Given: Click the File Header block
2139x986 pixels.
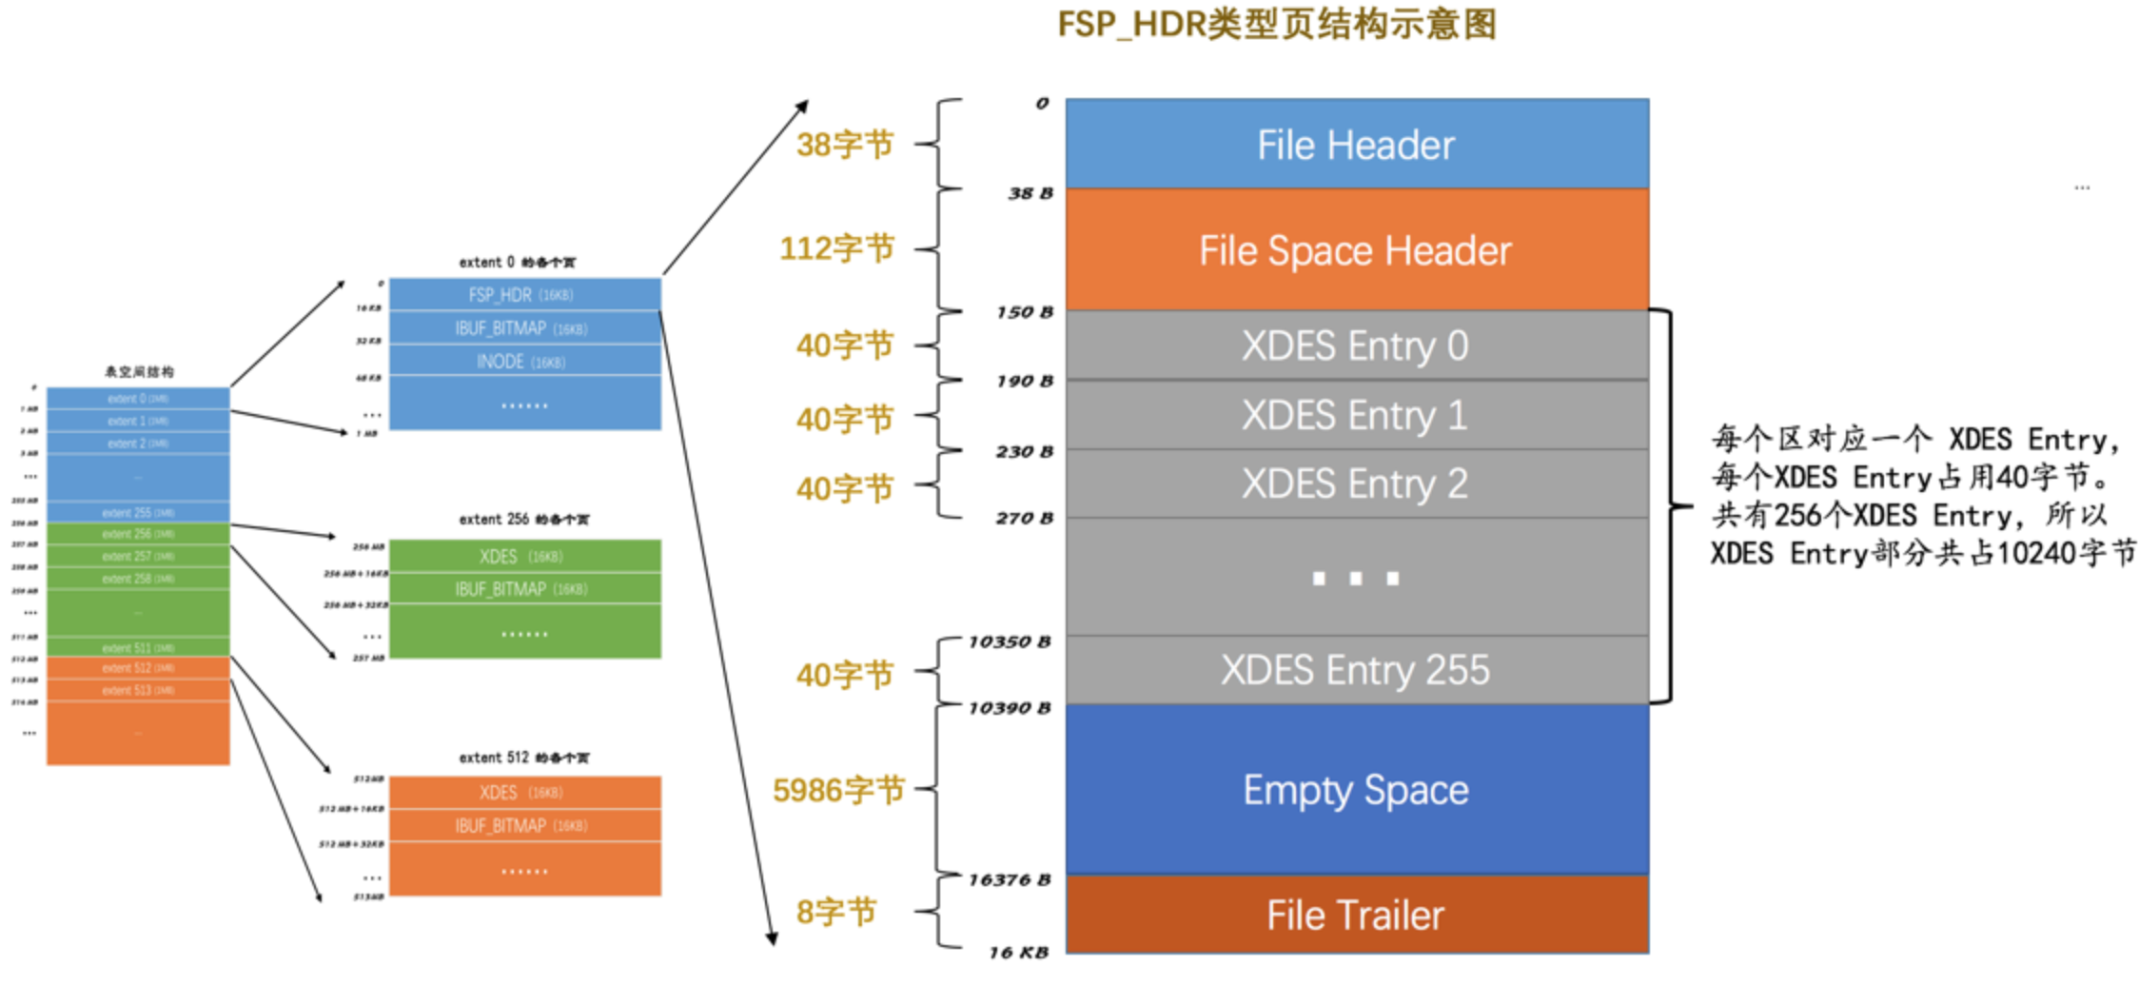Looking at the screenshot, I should pyautogui.click(x=1356, y=145).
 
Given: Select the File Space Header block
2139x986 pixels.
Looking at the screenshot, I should pyautogui.click(x=1356, y=250).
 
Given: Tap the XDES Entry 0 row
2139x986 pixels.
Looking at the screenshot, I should pyautogui.click(x=1356, y=345).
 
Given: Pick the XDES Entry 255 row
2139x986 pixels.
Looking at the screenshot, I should pyautogui.click(x=1356, y=670).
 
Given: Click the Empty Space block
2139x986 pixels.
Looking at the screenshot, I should pyautogui.click(x=1356, y=790).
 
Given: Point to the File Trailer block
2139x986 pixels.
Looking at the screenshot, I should pyautogui.click(x=1356, y=915).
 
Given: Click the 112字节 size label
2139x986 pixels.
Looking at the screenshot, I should pyautogui.click(x=836, y=248).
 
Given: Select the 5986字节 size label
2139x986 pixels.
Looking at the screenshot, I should pyautogui.click(x=837, y=790).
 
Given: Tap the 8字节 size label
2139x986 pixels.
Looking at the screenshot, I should pyautogui.click(x=835, y=912).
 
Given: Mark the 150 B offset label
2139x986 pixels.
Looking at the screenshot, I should pyautogui.click(x=1024, y=312).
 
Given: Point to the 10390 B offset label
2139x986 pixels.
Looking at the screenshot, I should pyautogui.click(x=1009, y=708).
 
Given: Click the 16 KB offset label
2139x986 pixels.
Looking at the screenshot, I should pyautogui.click(x=1017, y=952).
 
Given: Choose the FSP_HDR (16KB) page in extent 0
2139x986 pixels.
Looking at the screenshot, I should pyautogui.click(x=524, y=295).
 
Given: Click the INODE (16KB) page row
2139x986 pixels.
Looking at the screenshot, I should pyautogui.click(x=524, y=362).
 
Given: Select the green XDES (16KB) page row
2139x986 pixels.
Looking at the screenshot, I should pyautogui.click(x=524, y=557).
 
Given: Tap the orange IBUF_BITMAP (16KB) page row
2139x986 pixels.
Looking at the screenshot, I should pyautogui.click(x=524, y=826).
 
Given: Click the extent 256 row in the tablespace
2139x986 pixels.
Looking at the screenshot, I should pyautogui.click(x=138, y=534).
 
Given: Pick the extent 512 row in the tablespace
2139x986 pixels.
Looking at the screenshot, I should pyautogui.click(x=138, y=668).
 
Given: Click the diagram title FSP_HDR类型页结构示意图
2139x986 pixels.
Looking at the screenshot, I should pyautogui.click(x=1277, y=24).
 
